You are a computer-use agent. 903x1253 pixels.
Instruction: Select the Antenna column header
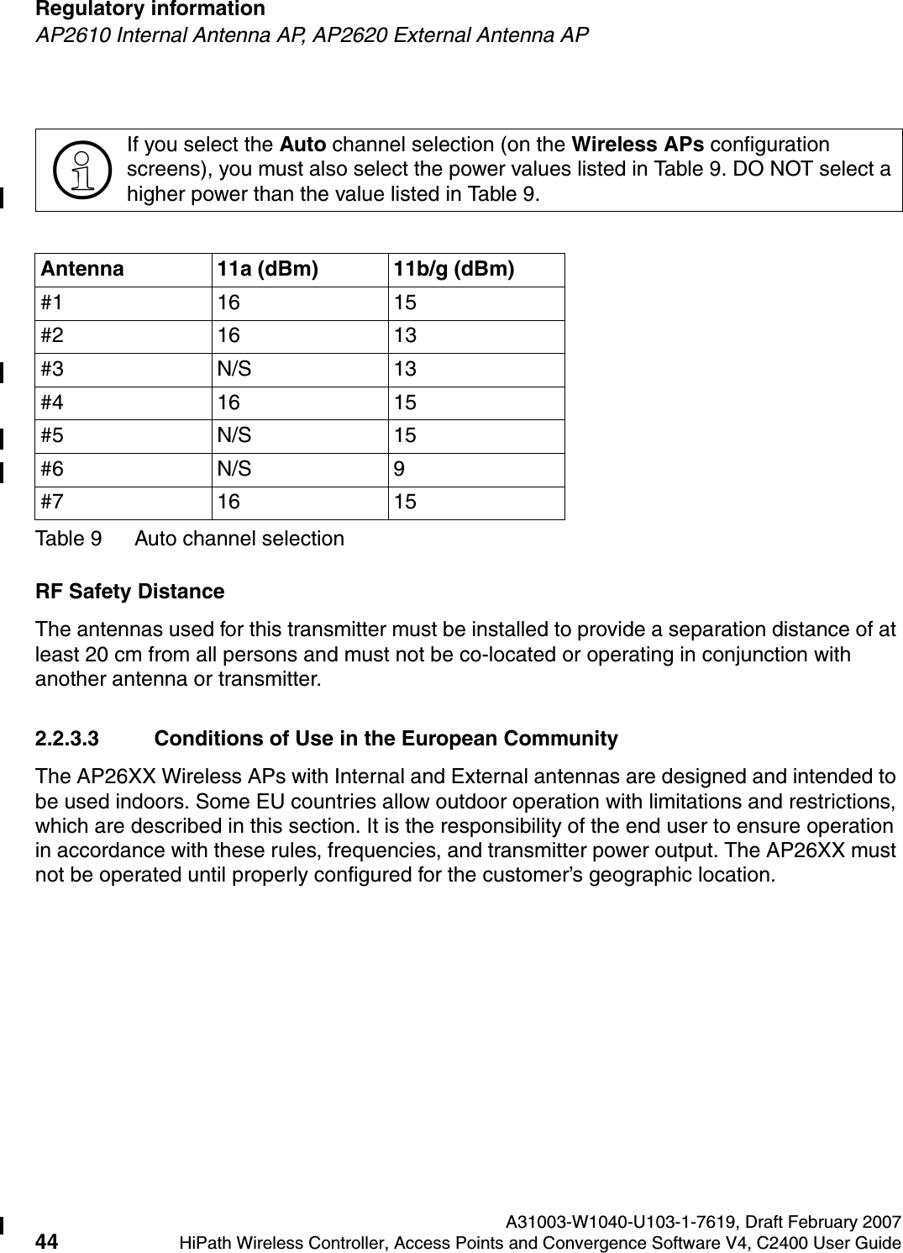80,269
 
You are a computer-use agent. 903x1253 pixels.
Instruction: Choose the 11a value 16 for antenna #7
228,502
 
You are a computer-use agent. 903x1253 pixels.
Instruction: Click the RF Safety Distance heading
129,592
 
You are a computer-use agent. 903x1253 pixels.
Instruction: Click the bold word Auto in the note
303,145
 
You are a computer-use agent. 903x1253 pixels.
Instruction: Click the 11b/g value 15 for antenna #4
405,403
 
